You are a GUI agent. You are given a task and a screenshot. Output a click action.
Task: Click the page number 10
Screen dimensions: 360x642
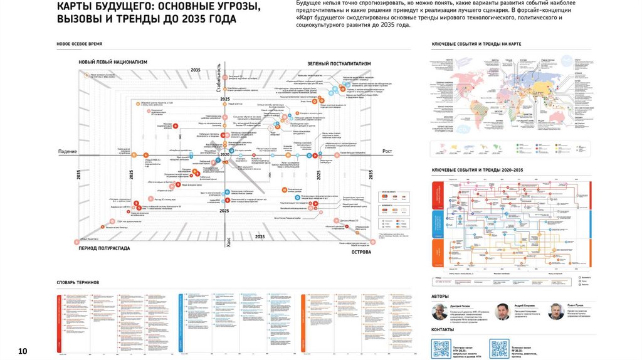click(x=23, y=350)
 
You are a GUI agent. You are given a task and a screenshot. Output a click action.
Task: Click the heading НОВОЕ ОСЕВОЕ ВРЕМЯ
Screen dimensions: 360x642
click(x=79, y=44)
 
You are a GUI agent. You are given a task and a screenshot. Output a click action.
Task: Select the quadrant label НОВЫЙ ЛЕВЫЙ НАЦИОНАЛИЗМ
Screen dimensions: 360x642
click(x=113, y=62)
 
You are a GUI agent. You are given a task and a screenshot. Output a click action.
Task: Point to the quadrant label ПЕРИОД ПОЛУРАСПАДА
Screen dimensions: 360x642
click(x=105, y=248)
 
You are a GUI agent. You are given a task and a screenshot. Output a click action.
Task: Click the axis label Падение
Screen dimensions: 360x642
click(x=67, y=152)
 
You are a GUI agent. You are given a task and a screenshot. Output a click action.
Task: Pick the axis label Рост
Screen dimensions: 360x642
click(x=387, y=152)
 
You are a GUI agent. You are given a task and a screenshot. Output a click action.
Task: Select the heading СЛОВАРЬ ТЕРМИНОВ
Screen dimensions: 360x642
click(x=78, y=282)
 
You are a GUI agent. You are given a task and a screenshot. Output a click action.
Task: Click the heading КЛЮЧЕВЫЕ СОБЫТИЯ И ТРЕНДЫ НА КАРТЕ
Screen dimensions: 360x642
click(x=476, y=45)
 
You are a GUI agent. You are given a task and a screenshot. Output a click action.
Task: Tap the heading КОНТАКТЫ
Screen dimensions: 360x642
click(x=443, y=329)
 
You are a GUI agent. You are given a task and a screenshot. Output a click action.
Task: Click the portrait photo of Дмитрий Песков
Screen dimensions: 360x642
click(x=439, y=312)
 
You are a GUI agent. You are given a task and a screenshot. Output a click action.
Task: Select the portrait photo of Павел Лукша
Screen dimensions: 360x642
click(x=555, y=312)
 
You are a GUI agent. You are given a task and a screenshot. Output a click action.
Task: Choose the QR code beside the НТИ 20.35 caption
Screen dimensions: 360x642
click(x=441, y=348)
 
